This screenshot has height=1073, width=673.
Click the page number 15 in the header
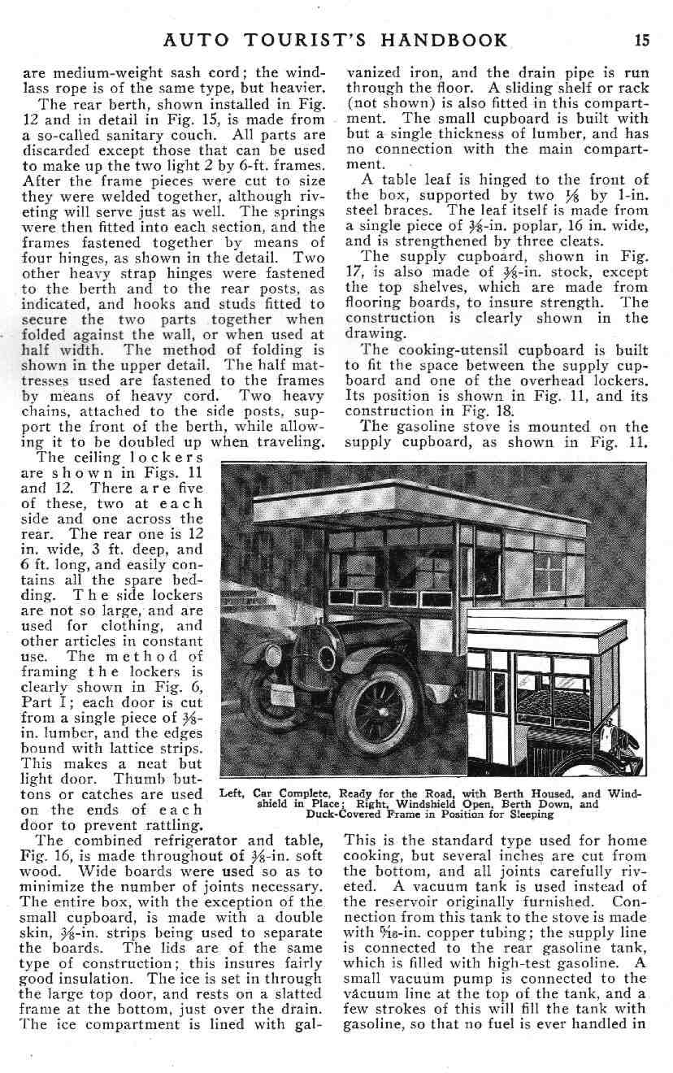point(641,40)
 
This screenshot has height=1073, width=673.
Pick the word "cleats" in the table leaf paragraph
point(515,240)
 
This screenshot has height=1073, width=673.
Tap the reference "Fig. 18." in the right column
point(492,411)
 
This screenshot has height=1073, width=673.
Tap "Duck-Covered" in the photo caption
point(342,815)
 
